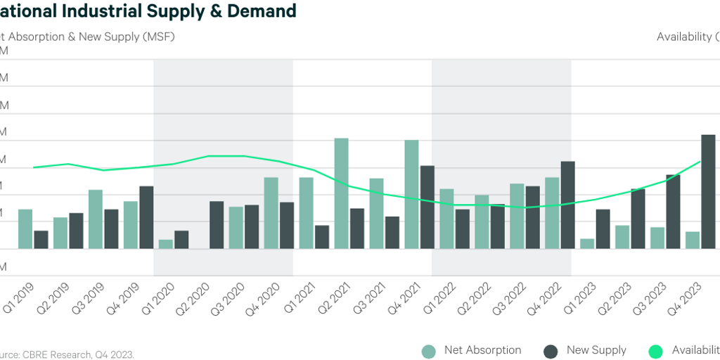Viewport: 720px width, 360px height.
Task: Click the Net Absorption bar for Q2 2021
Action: (341, 193)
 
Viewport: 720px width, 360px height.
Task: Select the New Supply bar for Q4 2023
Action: (708, 191)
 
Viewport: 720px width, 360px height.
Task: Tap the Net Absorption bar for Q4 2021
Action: (411, 194)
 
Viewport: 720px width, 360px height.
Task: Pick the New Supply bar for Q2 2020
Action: (217, 225)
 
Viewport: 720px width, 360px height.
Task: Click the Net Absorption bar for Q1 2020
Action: (166, 244)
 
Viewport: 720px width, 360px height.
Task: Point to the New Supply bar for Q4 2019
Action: (146, 217)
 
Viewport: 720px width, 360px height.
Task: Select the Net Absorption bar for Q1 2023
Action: (587, 243)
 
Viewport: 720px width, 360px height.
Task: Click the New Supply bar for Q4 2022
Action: (567, 205)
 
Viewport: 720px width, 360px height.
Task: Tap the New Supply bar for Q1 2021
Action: (322, 237)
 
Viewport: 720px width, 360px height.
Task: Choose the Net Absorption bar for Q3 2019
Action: (96, 219)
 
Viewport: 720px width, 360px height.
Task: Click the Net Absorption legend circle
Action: (429, 351)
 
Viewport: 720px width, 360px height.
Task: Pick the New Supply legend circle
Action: (551, 351)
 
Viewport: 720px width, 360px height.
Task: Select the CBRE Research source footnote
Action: (67, 354)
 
